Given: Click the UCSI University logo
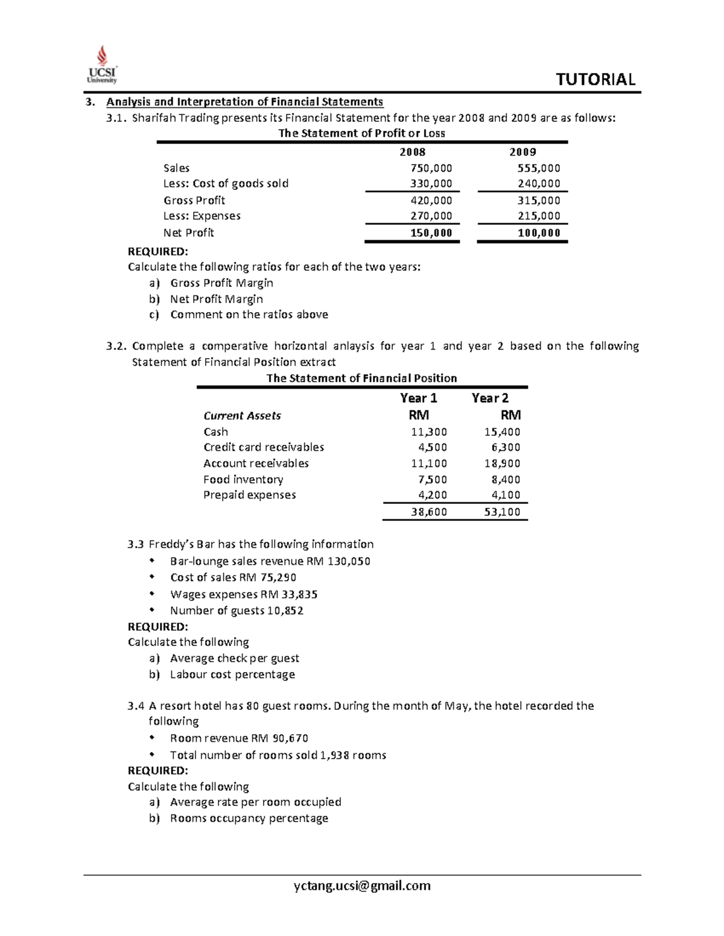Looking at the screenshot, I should (x=102, y=64).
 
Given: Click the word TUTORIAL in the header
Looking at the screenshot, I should (x=595, y=80).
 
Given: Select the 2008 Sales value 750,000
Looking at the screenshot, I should (x=431, y=168).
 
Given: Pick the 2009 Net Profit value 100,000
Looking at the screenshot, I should (x=539, y=233).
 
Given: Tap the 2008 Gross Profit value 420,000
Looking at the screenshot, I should (x=431, y=200).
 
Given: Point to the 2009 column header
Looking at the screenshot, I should (x=522, y=152).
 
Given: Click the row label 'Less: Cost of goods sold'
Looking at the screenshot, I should (x=226, y=183).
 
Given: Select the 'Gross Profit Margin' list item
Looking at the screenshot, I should (x=221, y=283).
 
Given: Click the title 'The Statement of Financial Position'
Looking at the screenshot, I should (x=361, y=378).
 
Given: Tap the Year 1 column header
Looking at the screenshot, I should (x=418, y=398).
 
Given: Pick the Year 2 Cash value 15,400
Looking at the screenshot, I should (x=502, y=432).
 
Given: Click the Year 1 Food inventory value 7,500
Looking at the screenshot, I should (x=433, y=479).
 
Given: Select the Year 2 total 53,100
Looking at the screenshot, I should (x=502, y=512).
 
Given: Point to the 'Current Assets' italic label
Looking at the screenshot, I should (x=242, y=415).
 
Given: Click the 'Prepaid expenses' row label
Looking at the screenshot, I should (x=249, y=495).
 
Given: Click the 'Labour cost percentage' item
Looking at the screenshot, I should (x=232, y=674).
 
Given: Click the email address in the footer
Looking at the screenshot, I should (x=362, y=885).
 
